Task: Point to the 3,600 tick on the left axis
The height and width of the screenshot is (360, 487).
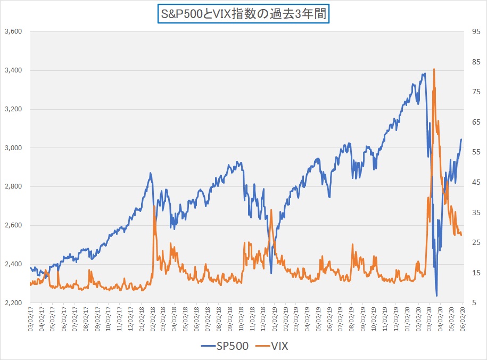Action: tap(12, 31)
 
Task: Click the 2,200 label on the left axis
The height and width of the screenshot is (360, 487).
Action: tap(12, 302)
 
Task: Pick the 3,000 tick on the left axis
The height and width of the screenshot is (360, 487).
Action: tap(12, 148)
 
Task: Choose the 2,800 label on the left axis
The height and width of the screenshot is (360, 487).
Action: tap(12, 186)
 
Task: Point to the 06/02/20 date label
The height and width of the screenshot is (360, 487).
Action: tap(463, 318)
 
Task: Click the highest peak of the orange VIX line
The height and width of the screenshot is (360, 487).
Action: tap(434, 69)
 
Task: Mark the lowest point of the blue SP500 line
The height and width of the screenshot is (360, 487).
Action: tap(436, 296)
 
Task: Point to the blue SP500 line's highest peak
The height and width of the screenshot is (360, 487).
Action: tap(424, 73)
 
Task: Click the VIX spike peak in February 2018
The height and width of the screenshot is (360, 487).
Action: tap(154, 206)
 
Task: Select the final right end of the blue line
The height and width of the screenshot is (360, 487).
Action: tap(461, 139)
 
